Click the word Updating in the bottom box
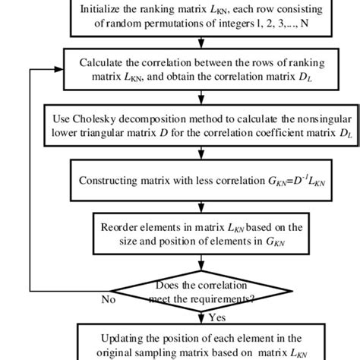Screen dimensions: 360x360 click(124, 338)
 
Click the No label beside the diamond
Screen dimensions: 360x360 click(109, 299)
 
